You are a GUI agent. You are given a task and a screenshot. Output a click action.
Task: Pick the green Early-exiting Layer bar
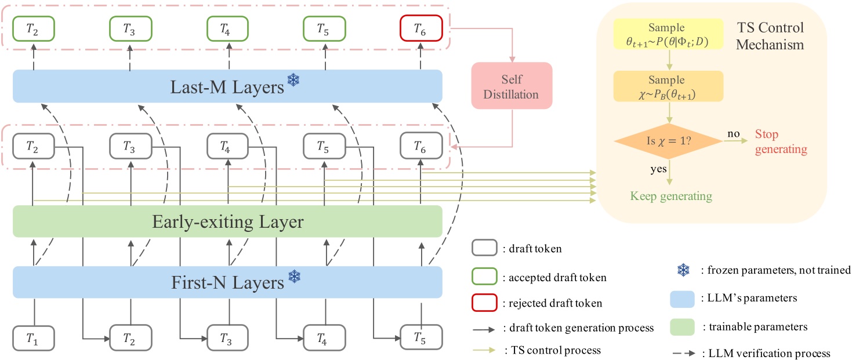[x=227, y=222]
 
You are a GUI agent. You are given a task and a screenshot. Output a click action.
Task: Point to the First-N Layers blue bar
[x=227, y=282]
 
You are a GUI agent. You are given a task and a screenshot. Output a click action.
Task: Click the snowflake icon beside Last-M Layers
[x=294, y=82]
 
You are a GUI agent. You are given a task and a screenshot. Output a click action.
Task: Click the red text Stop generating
[x=781, y=141]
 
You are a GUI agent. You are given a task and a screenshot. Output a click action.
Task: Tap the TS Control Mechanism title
[x=770, y=36]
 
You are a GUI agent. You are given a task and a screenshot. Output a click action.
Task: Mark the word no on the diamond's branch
[x=733, y=134]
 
